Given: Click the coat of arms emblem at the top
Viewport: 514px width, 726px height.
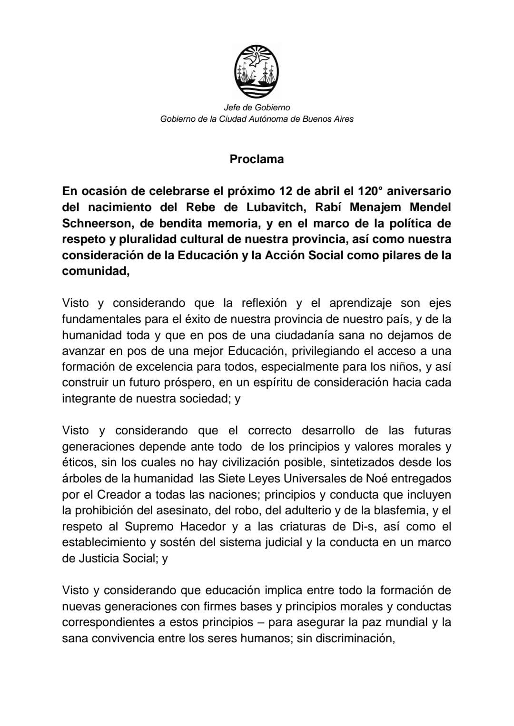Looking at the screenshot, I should click(x=257, y=70).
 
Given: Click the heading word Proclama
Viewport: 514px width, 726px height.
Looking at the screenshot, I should click(x=257, y=159).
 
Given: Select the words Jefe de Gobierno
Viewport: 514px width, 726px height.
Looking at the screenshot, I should click(x=257, y=108).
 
